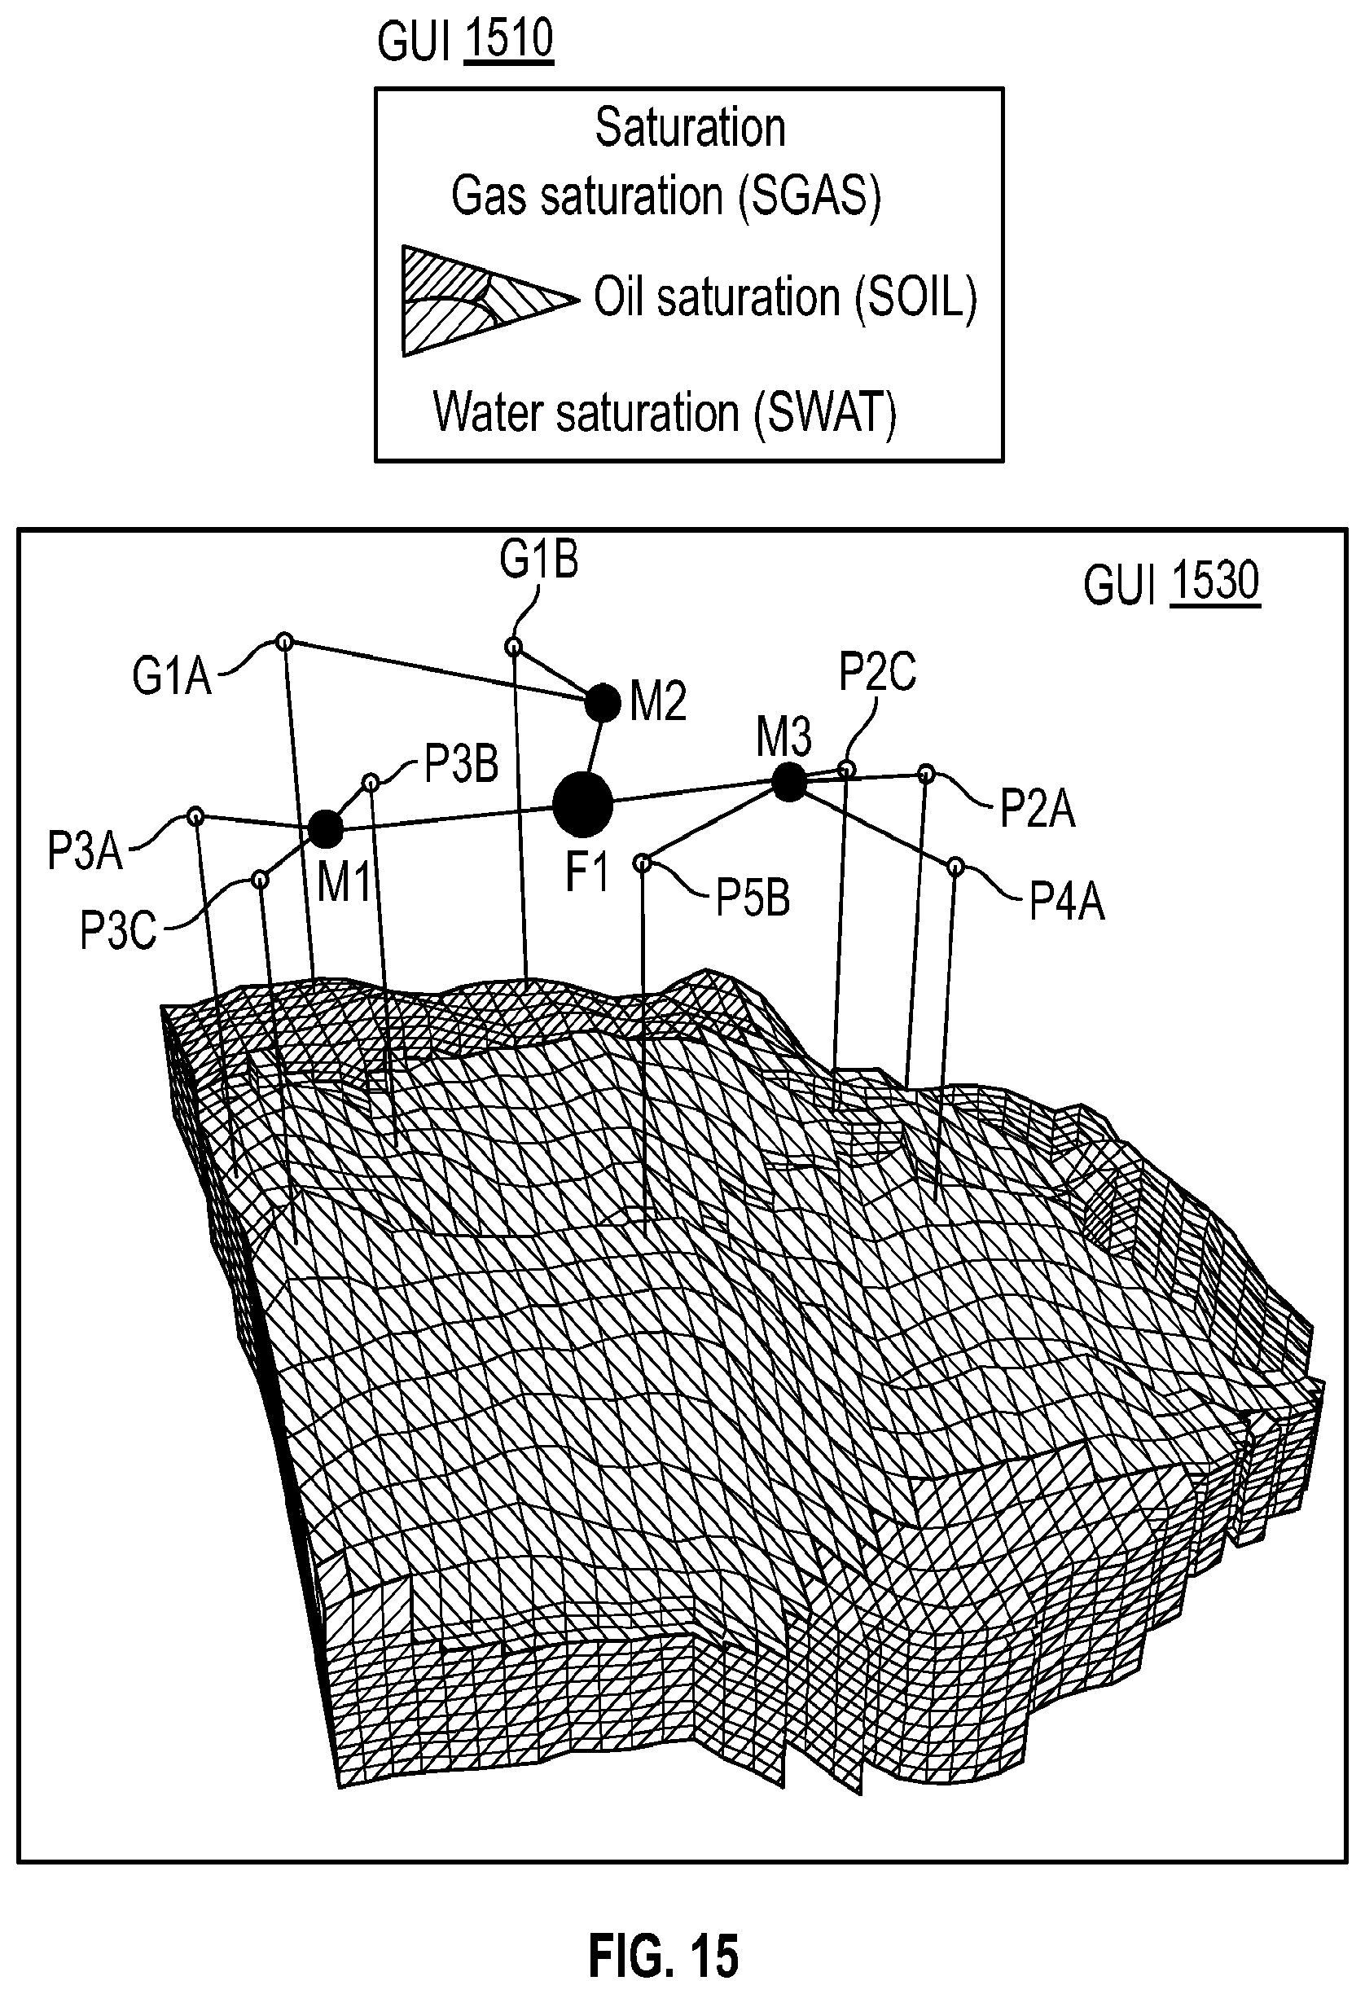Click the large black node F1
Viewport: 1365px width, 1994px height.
582,804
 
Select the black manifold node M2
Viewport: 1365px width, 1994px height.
603,704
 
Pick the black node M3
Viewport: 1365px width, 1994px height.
789,783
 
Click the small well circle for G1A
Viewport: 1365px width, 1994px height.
285,641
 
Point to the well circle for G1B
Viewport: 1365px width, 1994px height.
513,646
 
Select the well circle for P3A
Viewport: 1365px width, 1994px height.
195,815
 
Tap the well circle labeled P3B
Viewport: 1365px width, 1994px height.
371,782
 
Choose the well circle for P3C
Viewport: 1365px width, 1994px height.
261,880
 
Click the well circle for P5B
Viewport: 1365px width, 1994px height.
642,863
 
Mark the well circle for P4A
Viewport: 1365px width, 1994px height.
956,867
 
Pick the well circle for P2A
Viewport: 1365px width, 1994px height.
927,773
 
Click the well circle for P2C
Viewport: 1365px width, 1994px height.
847,768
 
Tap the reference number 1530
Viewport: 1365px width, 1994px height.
1215,581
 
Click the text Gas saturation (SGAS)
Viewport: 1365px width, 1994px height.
665,195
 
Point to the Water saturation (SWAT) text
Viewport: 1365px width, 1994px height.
664,413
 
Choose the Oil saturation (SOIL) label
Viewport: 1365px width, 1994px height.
785,299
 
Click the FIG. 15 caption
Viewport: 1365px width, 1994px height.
663,1931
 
